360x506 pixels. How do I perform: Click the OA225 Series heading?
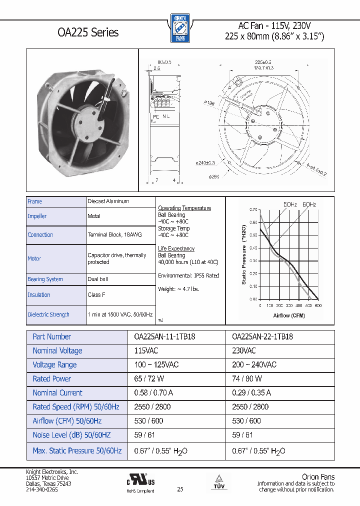tap(88, 32)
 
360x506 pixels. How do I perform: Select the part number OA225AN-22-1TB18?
tap(262, 337)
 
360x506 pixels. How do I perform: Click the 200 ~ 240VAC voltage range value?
tap(254, 365)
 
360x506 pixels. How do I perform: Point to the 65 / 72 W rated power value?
tap(149, 379)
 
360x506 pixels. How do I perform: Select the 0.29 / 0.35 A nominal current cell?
tap(251, 393)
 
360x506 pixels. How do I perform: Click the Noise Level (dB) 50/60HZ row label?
tap(76, 435)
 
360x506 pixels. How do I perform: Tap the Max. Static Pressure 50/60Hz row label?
tap(77, 451)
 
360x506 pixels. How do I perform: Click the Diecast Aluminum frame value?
tap(108, 201)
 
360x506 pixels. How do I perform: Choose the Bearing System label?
tap(45, 279)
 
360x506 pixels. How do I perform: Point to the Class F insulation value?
tap(96, 295)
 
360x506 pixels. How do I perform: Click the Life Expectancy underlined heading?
tap(176, 248)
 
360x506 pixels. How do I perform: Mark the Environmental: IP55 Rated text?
tap(188, 275)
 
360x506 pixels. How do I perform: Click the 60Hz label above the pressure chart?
tap(309, 204)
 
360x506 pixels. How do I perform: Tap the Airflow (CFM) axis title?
tap(289, 315)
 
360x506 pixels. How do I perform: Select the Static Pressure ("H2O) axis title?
tap(244, 253)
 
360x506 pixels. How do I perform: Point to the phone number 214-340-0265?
tap(42, 490)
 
